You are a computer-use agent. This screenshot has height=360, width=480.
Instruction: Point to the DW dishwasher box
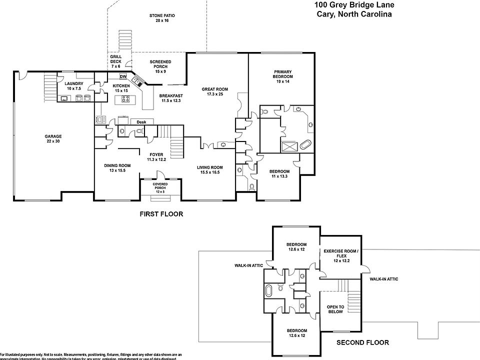point(123,76)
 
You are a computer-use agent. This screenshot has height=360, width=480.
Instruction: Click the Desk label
point(141,122)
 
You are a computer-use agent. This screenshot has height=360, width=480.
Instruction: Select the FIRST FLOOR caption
point(160,214)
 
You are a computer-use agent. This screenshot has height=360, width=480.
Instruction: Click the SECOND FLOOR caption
point(362,342)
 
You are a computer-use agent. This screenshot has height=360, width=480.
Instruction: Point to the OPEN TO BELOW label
point(335,309)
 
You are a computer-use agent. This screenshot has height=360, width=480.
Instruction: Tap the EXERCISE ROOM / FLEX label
point(341,253)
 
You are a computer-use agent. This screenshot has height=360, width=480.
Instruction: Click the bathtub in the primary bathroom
point(304,146)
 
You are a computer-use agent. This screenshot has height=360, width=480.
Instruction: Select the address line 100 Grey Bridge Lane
point(354,5)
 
